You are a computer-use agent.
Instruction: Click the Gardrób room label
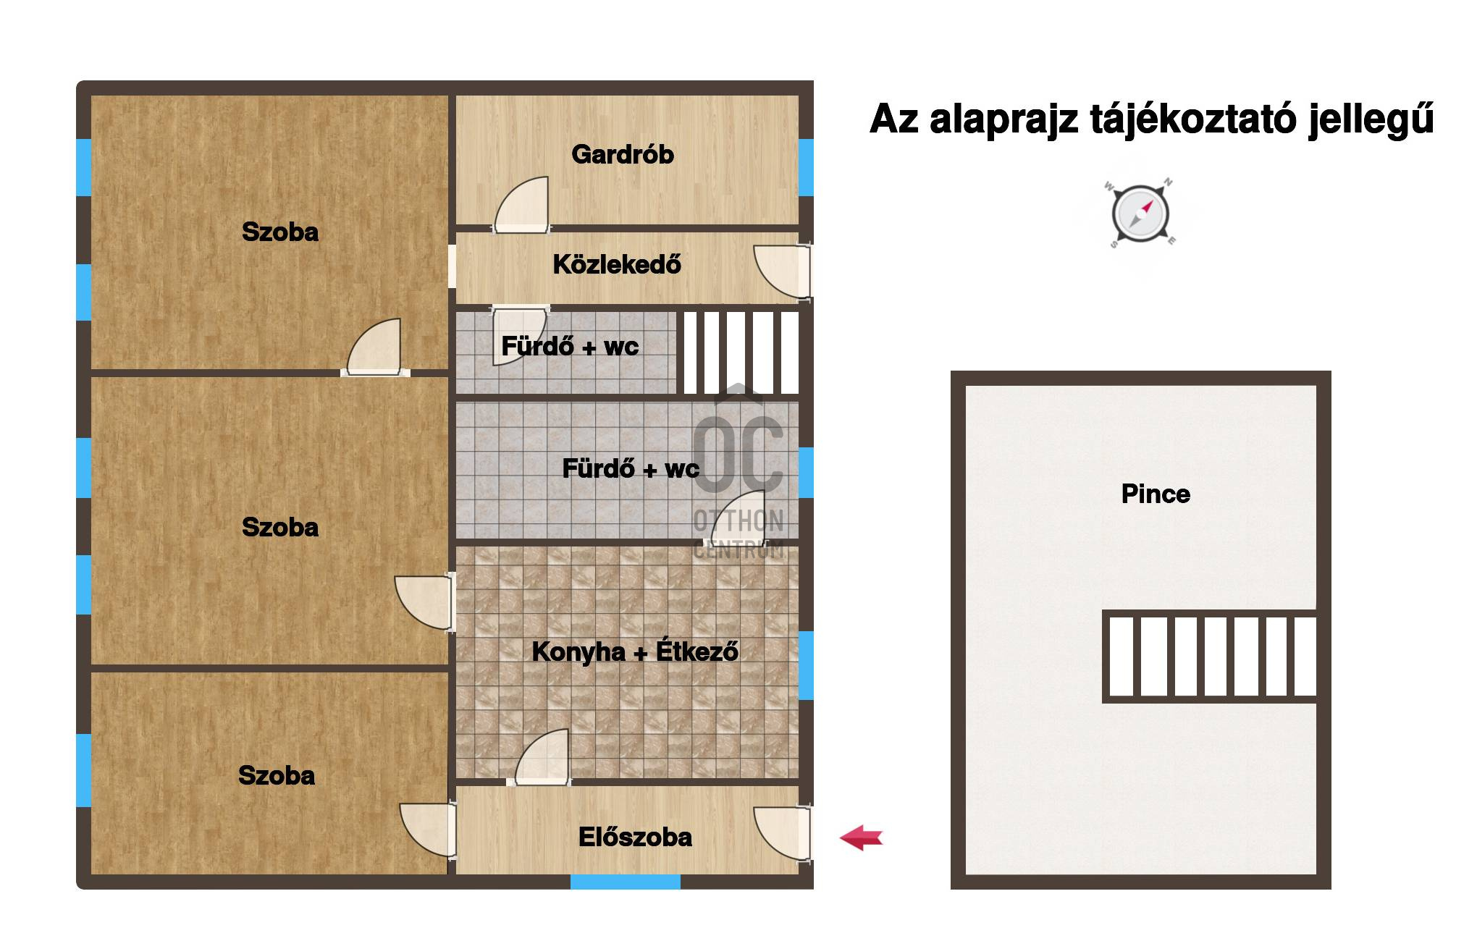(623, 154)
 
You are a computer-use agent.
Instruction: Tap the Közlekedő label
(617, 264)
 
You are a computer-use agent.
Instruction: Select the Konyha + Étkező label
(635, 651)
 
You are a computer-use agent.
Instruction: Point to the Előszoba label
(635, 837)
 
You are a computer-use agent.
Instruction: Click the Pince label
(1156, 494)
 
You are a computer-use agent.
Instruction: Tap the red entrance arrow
(862, 838)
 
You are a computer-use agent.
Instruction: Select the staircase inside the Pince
(1209, 657)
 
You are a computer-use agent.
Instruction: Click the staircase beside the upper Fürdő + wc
(738, 353)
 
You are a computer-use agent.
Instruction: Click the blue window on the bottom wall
(626, 882)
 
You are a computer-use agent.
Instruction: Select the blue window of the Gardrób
(806, 167)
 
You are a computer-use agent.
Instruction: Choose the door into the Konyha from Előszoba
(542, 757)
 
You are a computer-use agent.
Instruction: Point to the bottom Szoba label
(277, 775)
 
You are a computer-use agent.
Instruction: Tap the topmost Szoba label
(280, 232)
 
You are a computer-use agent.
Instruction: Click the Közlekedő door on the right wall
(782, 271)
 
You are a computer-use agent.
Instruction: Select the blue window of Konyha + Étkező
(806, 665)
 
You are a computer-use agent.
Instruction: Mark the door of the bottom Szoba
(427, 831)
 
